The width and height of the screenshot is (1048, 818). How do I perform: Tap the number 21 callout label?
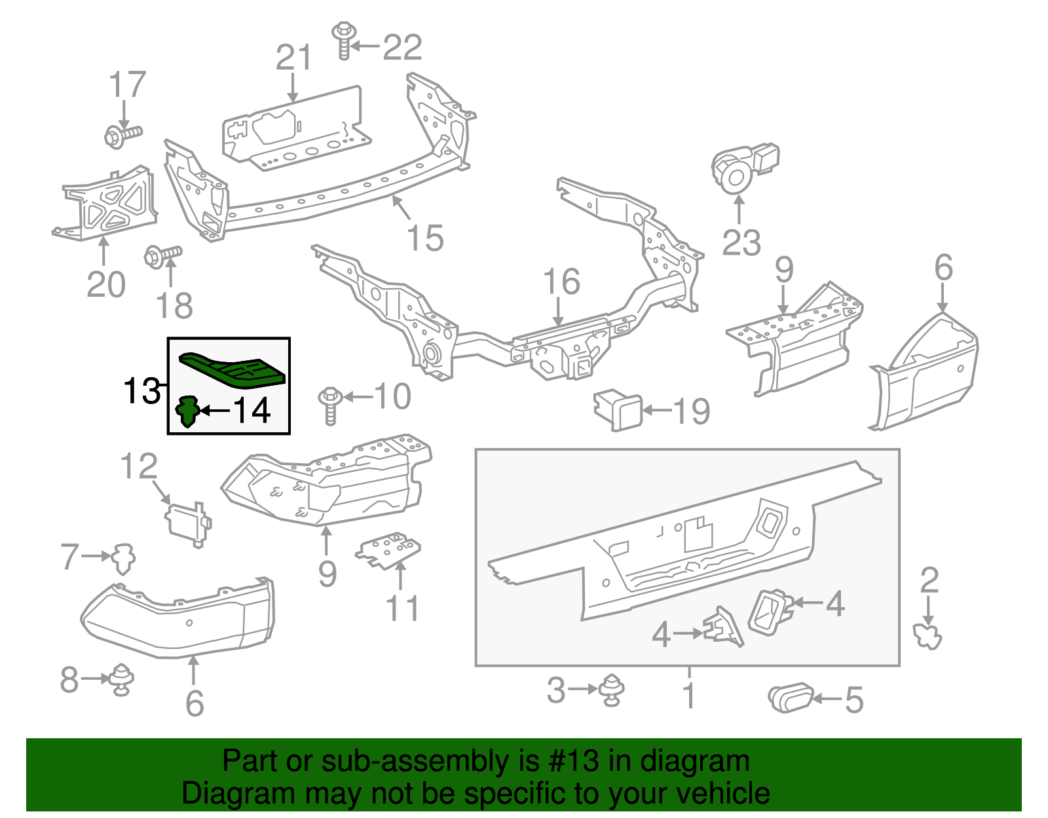pyautogui.click(x=293, y=58)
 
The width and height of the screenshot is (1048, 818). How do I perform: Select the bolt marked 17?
pyautogui.click(x=122, y=135)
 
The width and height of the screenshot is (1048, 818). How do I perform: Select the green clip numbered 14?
pyautogui.click(x=187, y=411)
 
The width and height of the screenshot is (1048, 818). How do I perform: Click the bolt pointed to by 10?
pyautogui.click(x=330, y=405)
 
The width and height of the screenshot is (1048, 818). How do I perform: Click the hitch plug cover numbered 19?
pyautogui.click(x=618, y=410)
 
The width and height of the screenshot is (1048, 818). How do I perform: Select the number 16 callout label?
pyautogui.click(x=561, y=282)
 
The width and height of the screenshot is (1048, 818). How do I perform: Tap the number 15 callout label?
pyautogui.click(x=424, y=238)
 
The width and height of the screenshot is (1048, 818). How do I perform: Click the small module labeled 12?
pyautogui.click(x=187, y=523)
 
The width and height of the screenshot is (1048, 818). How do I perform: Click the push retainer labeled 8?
pyautogui.click(x=122, y=679)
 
